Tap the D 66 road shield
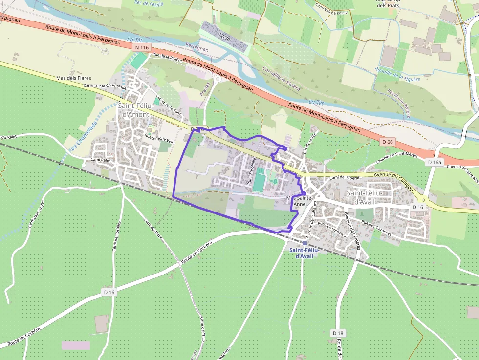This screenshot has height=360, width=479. pyautogui.click(x=388, y=141)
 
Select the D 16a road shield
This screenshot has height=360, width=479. pyautogui.click(x=434, y=162)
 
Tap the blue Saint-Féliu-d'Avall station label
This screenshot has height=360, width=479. pyautogui.click(x=304, y=253)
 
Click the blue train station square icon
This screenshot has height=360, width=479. pyautogui.click(x=305, y=243)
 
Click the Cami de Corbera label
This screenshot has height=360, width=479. pyautogui.click(x=117, y=235)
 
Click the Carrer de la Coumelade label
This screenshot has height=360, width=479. pyautogui.click(x=105, y=86)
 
